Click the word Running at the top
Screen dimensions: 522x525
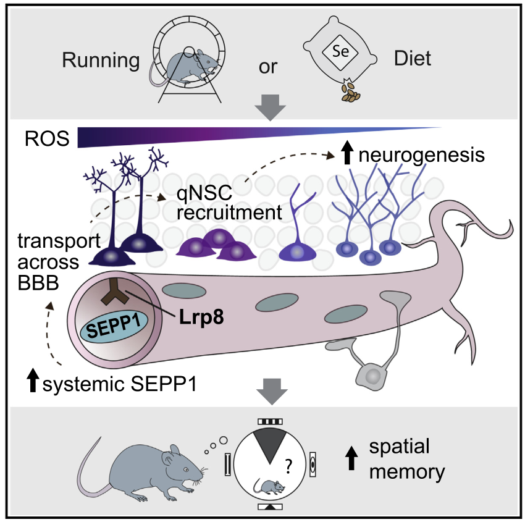click(101, 60)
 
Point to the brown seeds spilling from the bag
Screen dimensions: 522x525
click(351, 93)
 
